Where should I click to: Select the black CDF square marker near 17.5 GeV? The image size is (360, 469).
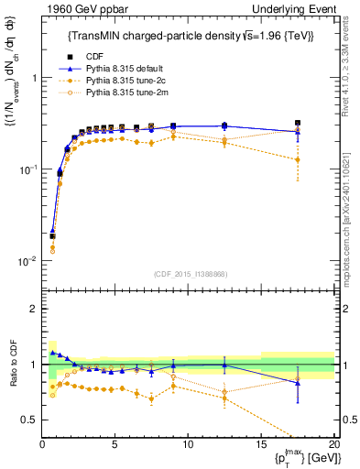297,123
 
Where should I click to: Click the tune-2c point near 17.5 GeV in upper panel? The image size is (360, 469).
297,160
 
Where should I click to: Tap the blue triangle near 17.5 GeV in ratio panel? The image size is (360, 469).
297,383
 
